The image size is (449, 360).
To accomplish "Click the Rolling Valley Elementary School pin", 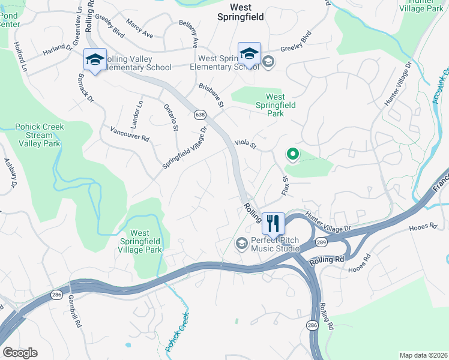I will tap(95, 60).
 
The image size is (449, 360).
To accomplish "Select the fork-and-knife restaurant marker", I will tap(273, 223).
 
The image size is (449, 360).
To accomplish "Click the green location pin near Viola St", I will tap(292, 155).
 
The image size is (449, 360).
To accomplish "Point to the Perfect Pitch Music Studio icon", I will tap(241, 243).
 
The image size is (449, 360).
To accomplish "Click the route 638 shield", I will tap(199, 113).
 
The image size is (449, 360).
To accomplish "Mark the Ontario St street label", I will tap(171, 117).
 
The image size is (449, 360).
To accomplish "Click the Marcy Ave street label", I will tap(139, 28).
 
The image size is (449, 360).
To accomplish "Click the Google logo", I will tap(20, 353).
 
